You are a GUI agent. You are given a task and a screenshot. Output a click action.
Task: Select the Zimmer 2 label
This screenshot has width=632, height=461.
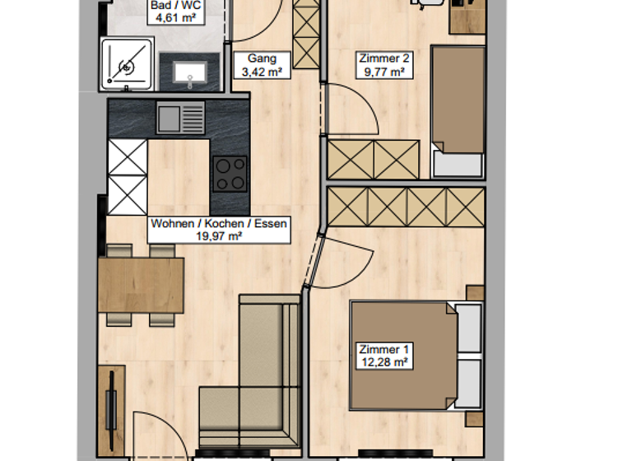(383, 65)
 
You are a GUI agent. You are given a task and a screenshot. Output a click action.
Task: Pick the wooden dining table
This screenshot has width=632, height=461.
(141, 285)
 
